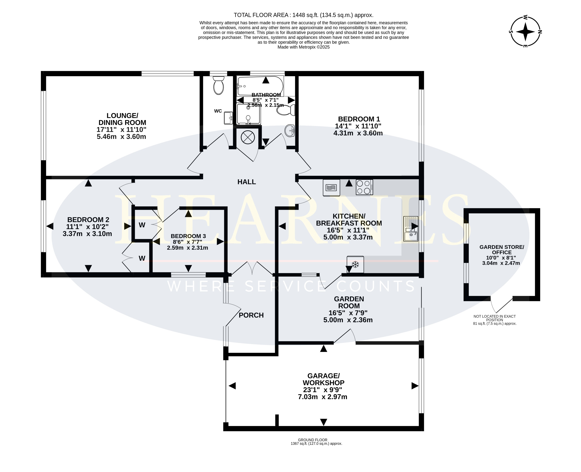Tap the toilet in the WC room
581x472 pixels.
(x=218, y=85)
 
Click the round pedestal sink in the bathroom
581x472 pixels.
(x=290, y=131)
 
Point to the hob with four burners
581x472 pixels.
(x=364, y=187)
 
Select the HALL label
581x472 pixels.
(x=247, y=182)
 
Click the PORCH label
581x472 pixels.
(x=251, y=315)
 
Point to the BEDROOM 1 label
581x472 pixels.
(x=359, y=119)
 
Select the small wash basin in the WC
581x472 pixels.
(x=228, y=118)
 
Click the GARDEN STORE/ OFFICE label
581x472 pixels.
(x=502, y=250)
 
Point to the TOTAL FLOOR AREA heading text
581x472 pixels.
(x=304, y=15)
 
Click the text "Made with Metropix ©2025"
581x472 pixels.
(x=304, y=47)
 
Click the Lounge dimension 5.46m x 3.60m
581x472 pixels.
(x=121, y=137)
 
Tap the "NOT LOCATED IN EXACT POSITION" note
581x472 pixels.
(x=495, y=318)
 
